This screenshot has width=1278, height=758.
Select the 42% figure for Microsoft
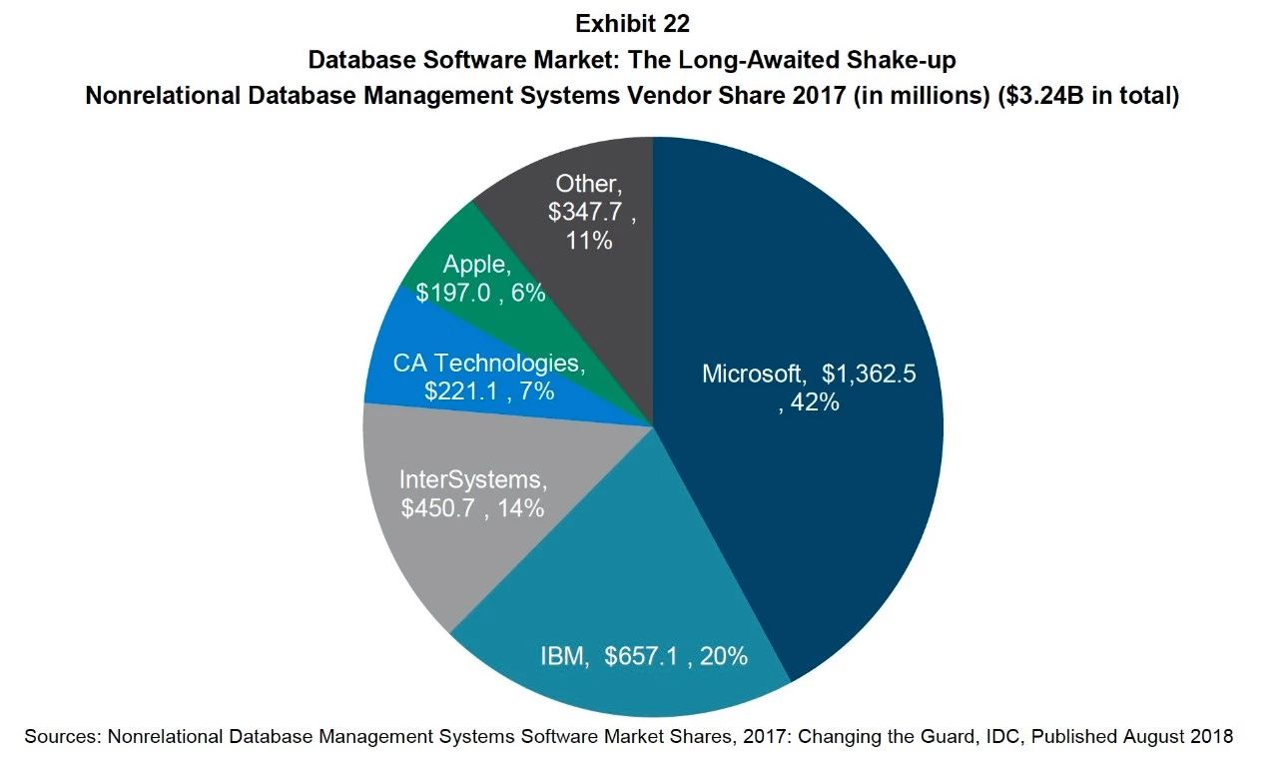(815, 403)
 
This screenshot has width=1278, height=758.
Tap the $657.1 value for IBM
(648, 657)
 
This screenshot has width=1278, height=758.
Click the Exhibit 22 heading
(632, 22)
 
